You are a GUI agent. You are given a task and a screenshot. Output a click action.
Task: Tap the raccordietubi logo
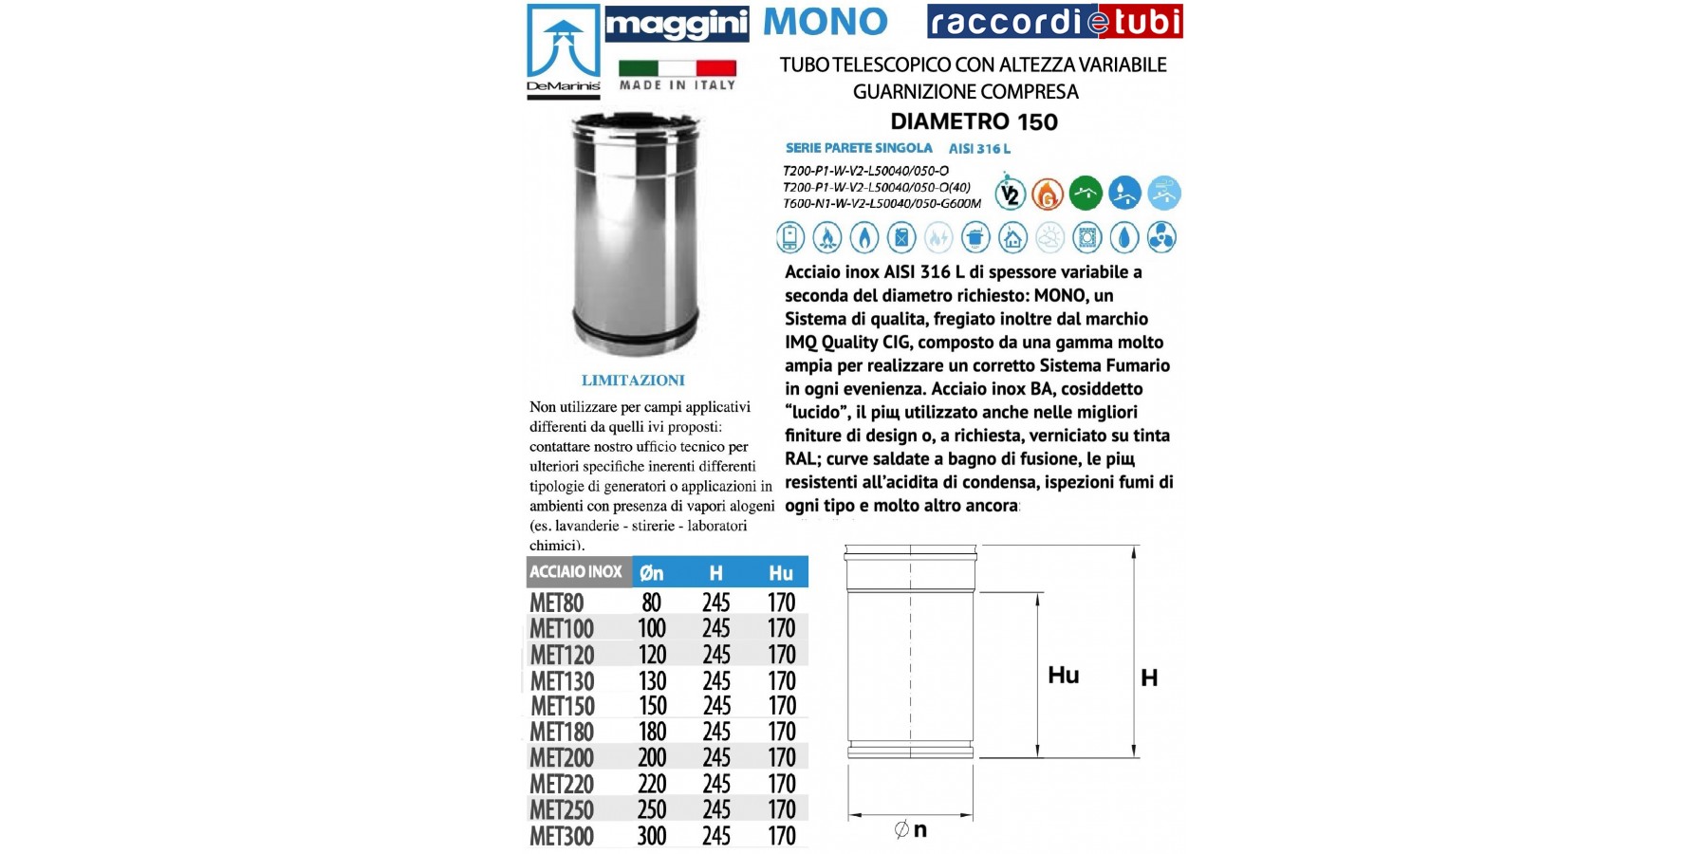(x=1054, y=22)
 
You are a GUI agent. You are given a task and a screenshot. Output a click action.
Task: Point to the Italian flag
(x=677, y=68)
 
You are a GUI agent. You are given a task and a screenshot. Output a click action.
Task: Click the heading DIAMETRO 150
(x=974, y=121)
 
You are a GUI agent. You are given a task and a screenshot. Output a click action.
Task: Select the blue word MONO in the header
(x=825, y=22)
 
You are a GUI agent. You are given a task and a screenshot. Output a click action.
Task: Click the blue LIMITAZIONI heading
(x=633, y=381)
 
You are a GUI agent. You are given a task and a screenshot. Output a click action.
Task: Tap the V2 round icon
(x=1011, y=194)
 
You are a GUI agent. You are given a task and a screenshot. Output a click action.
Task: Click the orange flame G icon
(x=1048, y=194)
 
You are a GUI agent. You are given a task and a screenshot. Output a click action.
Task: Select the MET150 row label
(x=563, y=706)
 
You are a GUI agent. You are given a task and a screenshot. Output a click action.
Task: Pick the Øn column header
(x=652, y=572)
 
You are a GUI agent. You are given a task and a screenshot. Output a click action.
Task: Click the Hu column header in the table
(x=781, y=572)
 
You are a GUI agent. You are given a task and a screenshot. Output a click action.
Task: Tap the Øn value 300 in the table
(x=652, y=836)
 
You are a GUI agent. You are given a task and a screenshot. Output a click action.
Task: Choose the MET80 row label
(x=557, y=603)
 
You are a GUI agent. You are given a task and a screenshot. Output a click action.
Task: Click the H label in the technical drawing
(x=1149, y=678)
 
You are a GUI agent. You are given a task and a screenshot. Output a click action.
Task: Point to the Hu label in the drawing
(x=1064, y=675)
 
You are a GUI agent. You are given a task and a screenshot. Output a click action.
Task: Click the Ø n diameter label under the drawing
(x=911, y=830)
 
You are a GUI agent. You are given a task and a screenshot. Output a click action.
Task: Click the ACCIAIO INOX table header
(x=576, y=572)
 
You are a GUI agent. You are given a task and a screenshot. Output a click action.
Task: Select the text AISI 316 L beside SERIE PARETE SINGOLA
(x=979, y=148)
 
